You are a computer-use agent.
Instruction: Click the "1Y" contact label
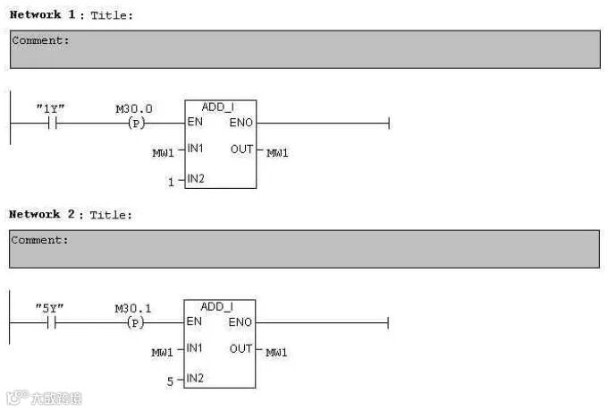point(50,108)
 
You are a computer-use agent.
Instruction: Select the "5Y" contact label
point(50,308)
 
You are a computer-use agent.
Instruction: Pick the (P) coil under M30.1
point(136,322)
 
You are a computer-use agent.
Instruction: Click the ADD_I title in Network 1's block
point(218,107)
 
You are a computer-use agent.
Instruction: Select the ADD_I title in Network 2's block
point(217,306)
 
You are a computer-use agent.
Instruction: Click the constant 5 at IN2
point(170,381)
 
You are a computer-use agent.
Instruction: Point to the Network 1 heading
point(36,14)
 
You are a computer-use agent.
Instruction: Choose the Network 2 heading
point(36,214)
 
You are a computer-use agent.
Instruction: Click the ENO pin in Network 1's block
point(241,122)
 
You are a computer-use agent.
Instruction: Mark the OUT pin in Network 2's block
point(240,348)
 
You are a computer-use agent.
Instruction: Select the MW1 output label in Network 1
point(277,153)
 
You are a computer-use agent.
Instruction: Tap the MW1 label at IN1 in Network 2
point(162,353)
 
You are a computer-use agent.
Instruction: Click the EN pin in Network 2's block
point(194,321)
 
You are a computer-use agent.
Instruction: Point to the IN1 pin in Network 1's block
point(196,149)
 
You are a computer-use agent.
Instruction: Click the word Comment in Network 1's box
point(39,40)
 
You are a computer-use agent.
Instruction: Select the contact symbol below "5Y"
point(51,322)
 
